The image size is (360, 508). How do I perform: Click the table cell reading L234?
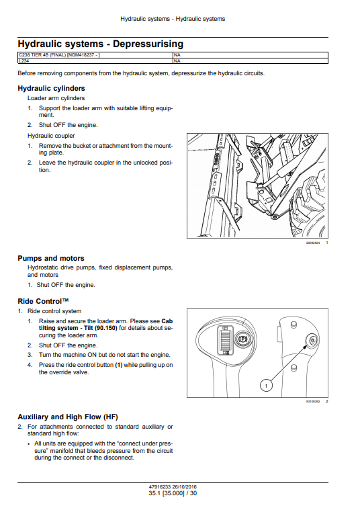95,61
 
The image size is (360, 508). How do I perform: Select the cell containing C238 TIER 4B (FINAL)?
95,55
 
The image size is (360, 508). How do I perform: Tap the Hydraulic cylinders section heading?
51,89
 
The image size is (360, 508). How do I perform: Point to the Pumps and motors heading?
51,258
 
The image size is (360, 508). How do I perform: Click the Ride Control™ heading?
43,301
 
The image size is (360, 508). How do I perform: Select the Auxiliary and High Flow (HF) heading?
68,417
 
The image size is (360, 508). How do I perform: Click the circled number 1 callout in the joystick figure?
266,385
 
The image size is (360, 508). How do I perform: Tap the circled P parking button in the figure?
243,339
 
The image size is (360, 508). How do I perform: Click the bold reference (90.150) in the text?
106,328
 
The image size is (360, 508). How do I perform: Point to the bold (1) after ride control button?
119,365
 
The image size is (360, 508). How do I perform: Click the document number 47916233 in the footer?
160,487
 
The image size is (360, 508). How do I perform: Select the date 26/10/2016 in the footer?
185,487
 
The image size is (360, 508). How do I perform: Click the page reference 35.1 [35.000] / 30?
173,493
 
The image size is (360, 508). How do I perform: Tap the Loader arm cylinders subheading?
56,98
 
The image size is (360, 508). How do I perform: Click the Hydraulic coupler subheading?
51,136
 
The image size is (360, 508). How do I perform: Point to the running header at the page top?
173,19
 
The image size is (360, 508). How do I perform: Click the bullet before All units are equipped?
29,444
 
